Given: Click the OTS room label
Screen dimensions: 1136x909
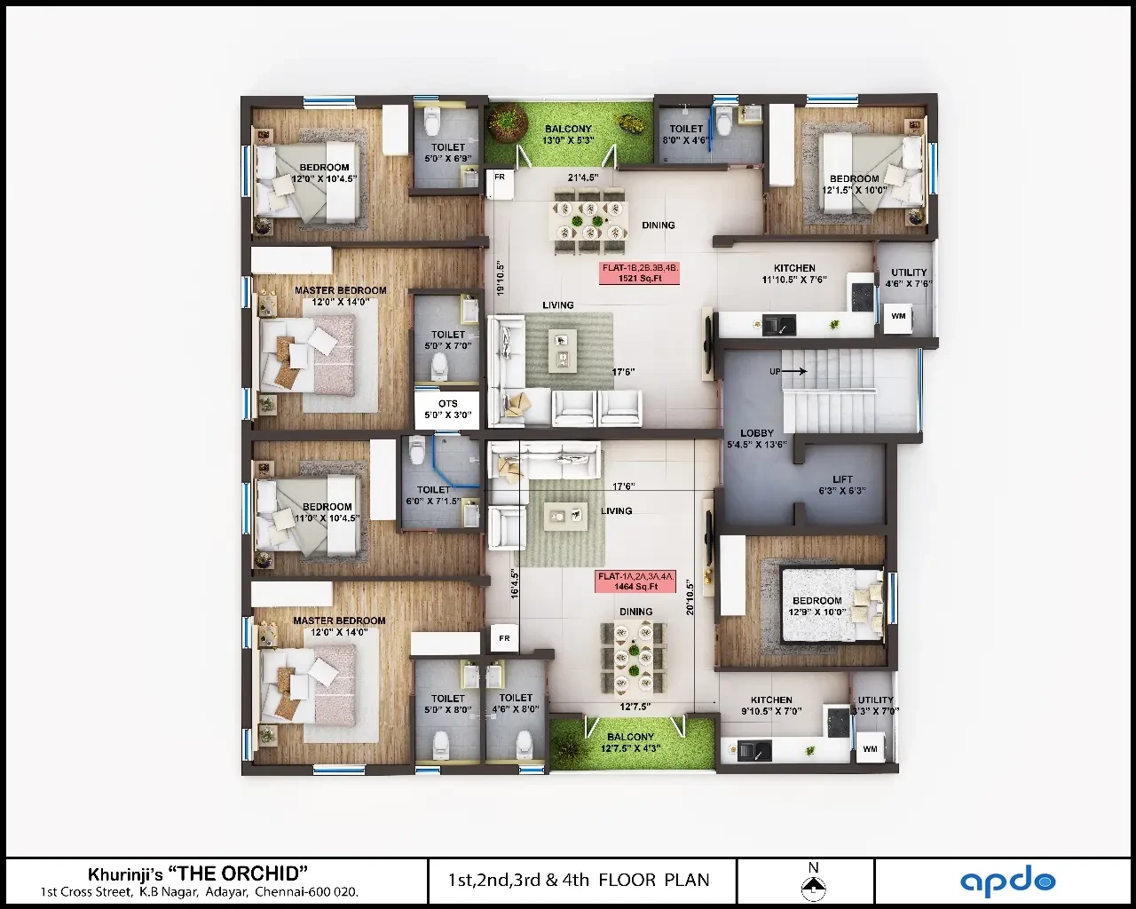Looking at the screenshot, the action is pos(447,404).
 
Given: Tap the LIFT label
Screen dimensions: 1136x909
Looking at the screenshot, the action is pos(842,479).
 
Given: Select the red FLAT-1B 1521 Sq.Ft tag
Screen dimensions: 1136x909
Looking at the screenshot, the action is pos(639,273).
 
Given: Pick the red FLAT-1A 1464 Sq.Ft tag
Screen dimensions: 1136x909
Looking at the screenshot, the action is pos(635,581).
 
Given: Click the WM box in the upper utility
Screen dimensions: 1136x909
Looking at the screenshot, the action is pos(898,318).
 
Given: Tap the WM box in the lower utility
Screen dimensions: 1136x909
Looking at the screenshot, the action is pos(870,748).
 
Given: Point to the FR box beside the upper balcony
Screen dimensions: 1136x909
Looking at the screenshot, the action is pos(500,183).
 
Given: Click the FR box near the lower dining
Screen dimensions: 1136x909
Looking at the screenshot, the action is pos(504,638).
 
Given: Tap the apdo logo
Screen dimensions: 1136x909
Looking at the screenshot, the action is pos(1007,880).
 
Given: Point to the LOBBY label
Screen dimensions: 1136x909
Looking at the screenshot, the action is pos(757,433).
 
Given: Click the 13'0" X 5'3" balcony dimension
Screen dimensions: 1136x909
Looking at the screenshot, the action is pos(568,140).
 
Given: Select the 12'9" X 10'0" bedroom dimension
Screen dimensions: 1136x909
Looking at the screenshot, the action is pos(817,613).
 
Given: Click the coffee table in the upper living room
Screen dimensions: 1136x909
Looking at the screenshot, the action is pos(562,350).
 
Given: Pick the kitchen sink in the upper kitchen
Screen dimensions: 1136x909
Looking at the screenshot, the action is pos(778,325).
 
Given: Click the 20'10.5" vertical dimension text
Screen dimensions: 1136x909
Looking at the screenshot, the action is pos(690,597).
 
